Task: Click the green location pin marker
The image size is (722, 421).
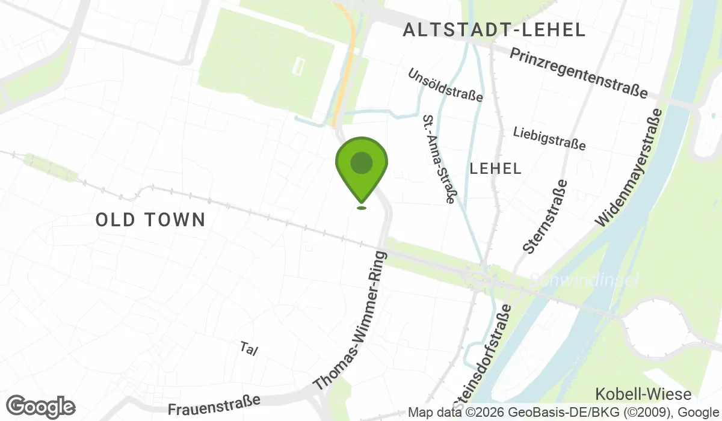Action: [x=361, y=165]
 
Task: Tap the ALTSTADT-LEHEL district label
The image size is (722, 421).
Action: [x=494, y=29]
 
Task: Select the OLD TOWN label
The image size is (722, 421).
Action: [x=150, y=220]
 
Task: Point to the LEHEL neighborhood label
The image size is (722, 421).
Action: [x=496, y=168]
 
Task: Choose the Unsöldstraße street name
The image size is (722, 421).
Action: [x=445, y=85]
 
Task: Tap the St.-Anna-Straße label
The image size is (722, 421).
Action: [x=439, y=159]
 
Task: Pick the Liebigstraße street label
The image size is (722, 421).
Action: [x=549, y=138]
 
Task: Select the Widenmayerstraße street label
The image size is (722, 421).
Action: [x=629, y=168]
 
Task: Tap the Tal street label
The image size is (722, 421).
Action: [x=248, y=349]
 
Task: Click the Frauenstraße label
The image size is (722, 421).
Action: [x=214, y=405]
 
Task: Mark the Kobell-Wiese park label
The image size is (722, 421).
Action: [x=643, y=394]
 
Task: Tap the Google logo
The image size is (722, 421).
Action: [x=40, y=407]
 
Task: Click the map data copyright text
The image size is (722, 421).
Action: [x=564, y=413]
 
